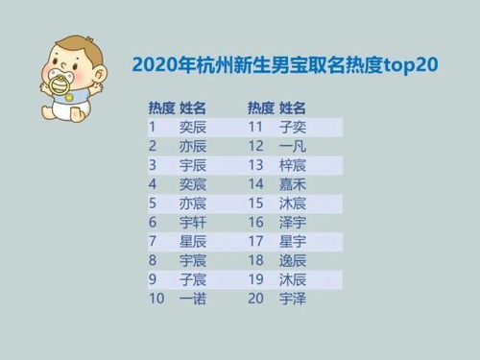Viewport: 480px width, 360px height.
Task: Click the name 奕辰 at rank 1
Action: (x=193, y=127)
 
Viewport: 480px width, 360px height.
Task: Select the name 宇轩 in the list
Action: (x=193, y=222)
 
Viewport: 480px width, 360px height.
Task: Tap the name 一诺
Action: (x=193, y=299)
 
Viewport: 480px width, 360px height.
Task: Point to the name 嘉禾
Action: (x=293, y=183)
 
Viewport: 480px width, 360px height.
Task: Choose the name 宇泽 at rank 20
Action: (x=293, y=299)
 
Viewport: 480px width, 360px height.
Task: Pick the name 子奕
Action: (x=293, y=127)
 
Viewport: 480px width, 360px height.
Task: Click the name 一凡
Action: (x=293, y=146)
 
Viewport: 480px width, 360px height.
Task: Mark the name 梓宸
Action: (x=293, y=165)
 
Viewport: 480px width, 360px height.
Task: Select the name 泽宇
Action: (x=293, y=222)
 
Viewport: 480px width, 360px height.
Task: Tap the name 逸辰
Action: (x=293, y=260)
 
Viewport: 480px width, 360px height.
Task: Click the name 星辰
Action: (x=193, y=241)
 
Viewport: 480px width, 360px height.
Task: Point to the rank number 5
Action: (x=152, y=203)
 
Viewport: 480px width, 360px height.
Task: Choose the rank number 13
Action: (x=255, y=165)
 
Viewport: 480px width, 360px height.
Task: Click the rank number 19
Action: (x=255, y=279)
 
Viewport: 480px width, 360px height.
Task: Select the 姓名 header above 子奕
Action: (x=293, y=107)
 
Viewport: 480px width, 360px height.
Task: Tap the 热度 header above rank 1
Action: (x=159, y=107)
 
